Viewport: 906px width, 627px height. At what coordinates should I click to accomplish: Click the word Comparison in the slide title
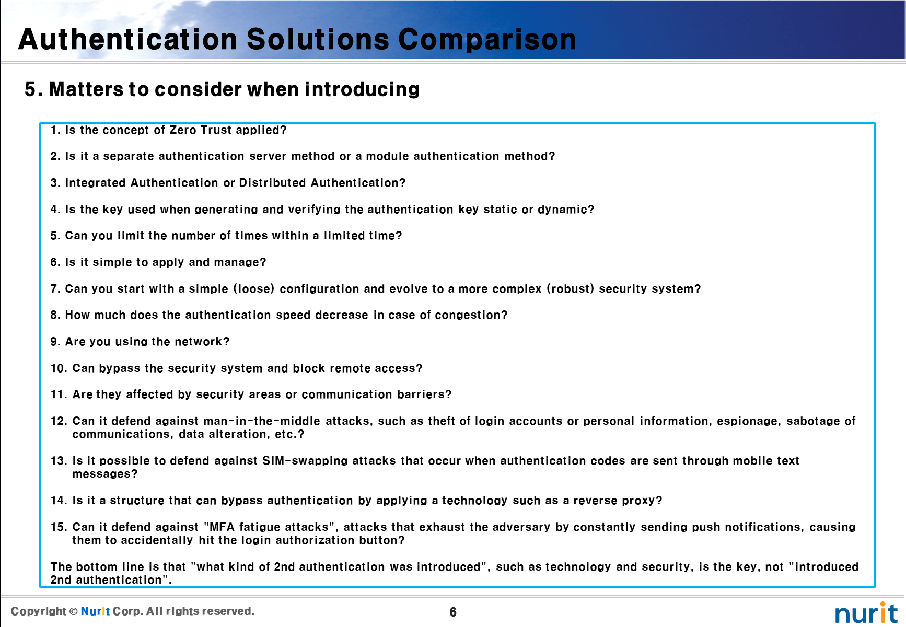coord(487,40)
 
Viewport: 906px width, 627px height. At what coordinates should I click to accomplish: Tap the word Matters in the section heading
coord(85,89)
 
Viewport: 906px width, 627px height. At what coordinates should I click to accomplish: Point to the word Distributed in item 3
coord(272,183)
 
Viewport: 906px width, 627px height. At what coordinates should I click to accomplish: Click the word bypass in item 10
coord(120,368)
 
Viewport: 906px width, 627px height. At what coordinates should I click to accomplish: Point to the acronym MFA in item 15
coord(222,527)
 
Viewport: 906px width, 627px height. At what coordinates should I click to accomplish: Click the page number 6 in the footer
coord(453,612)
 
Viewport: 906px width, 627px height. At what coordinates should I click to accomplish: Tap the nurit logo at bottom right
coord(866,613)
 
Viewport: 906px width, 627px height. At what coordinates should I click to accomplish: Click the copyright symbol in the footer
coord(73,611)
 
